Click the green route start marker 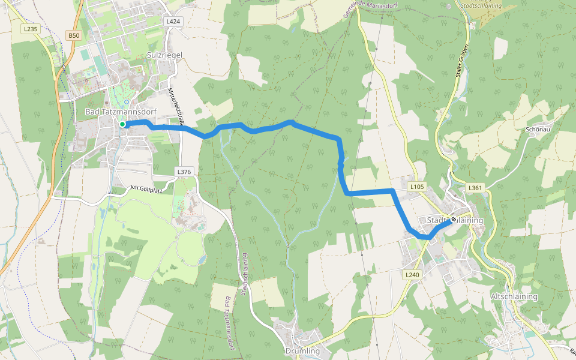coord(122,124)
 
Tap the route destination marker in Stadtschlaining coord(454,220)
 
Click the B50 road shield coord(73,35)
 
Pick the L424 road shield coord(173,21)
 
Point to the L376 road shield coord(184,172)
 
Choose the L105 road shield coord(417,187)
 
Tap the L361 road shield coord(475,188)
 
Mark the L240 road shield coord(411,274)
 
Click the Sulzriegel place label coord(164,55)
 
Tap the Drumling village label coord(302,350)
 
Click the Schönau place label coord(538,129)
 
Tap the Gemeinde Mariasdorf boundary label coord(359,12)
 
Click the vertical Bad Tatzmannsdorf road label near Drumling coord(227,323)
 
